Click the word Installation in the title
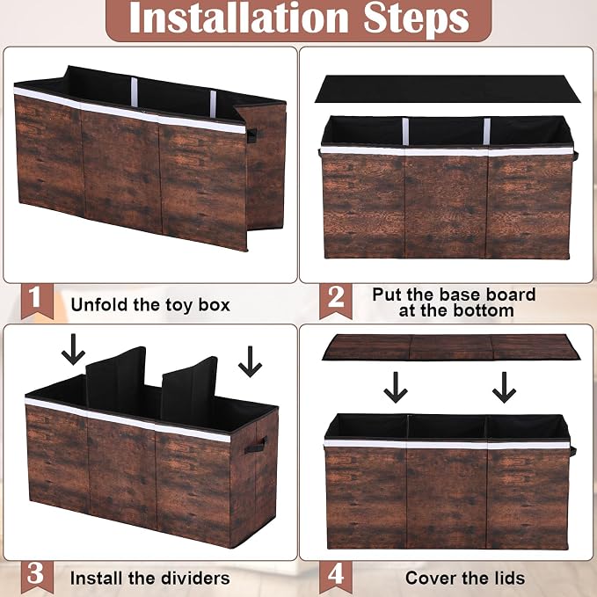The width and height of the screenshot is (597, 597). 239,18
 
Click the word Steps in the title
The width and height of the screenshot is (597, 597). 416,19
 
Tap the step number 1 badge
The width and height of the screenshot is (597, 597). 37,301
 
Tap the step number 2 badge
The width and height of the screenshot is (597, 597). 336,301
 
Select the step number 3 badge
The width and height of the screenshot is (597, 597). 37,576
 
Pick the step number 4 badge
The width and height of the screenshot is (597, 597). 336,576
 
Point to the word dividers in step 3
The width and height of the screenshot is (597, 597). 197,578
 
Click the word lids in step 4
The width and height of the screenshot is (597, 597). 508,578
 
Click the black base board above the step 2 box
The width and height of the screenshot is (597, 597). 448,89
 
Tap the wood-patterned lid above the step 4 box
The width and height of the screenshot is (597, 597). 451,347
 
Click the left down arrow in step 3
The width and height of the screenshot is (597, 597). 73,350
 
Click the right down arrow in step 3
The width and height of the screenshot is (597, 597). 251,361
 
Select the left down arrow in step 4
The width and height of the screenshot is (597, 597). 396,387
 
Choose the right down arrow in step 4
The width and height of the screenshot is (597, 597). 504,387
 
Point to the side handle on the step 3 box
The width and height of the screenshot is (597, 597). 256,445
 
